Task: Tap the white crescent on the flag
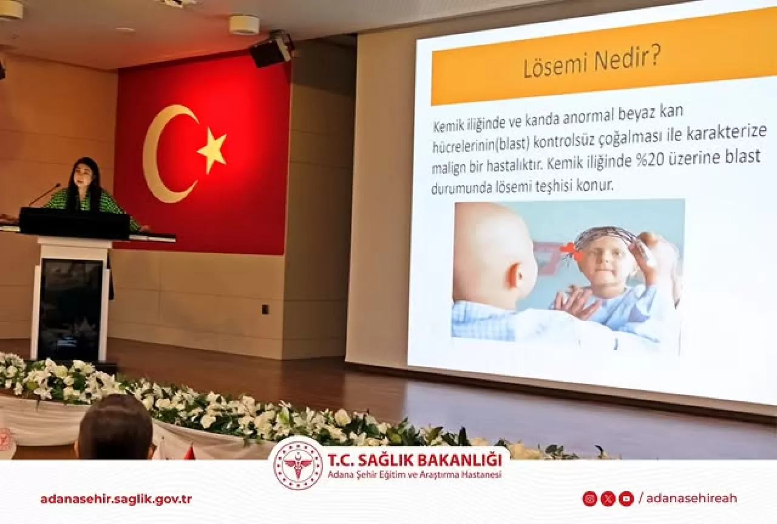point(159,154)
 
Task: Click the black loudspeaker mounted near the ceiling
point(271,50)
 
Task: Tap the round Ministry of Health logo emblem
point(298,465)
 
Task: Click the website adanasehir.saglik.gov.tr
point(116,499)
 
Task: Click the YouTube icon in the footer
point(626,498)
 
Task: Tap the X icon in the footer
point(608,498)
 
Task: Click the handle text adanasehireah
point(691,498)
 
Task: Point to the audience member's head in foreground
point(115,428)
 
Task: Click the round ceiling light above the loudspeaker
point(244,24)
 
